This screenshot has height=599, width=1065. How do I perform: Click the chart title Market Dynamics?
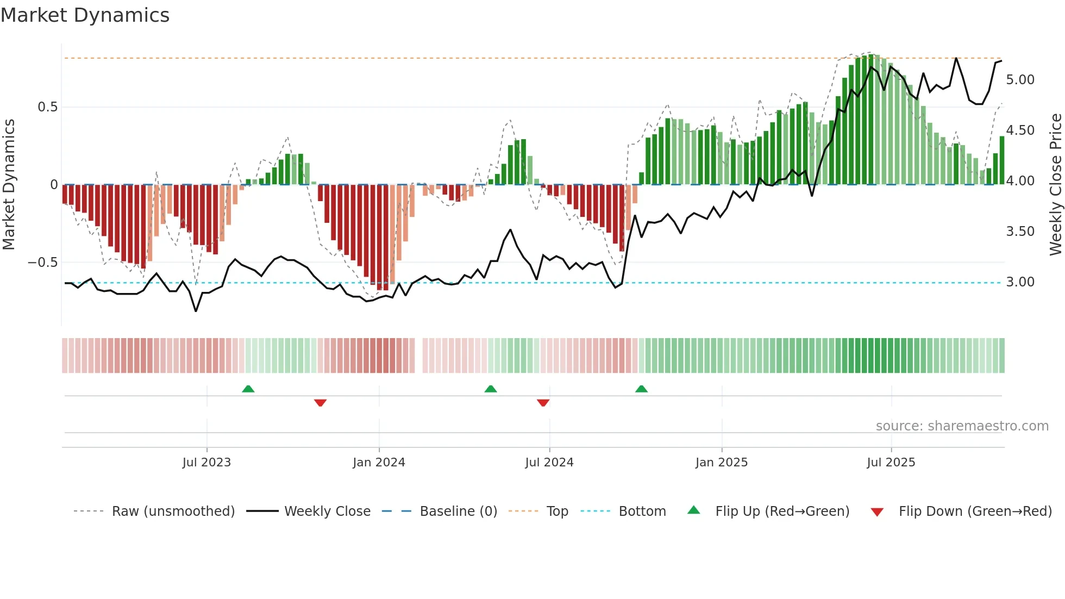pyautogui.click(x=85, y=15)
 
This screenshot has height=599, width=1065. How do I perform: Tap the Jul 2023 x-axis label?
pyautogui.click(x=206, y=463)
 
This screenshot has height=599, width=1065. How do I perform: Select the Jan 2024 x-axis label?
pyautogui.click(x=379, y=463)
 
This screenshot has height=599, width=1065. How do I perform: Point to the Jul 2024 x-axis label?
pyautogui.click(x=549, y=463)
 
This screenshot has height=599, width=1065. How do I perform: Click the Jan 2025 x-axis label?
pyautogui.click(x=722, y=463)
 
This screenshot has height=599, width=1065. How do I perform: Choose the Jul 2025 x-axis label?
pyautogui.click(x=891, y=463)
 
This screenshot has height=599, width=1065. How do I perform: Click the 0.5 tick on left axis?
pyautogui.click(x=48, y=107)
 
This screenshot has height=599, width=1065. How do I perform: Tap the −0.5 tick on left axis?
pyautogui.click(x=43, y=263)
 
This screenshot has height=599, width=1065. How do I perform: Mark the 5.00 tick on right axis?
pyautogui.click(x=1020, y=80)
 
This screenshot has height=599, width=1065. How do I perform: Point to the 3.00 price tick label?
pyautogui.click(x=1020, y=282)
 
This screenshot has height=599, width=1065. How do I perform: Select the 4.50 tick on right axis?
pyautogui.click(x=1020, y=130)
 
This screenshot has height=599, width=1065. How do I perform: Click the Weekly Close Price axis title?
pyautogui.click(x=1055, y=184)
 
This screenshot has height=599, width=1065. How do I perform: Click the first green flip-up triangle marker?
pyautogui.click(x=248, y=389)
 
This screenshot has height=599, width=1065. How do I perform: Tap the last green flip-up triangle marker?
pyautogui.click(x=641, y=389)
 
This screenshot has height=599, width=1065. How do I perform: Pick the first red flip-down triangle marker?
pyautogui.click(x=320, y=403)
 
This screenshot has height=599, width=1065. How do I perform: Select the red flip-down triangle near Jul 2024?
pyautogui.click(x=543, y=403)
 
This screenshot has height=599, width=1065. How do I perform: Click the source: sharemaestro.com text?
pyautogui.click(x=962, y=426)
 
